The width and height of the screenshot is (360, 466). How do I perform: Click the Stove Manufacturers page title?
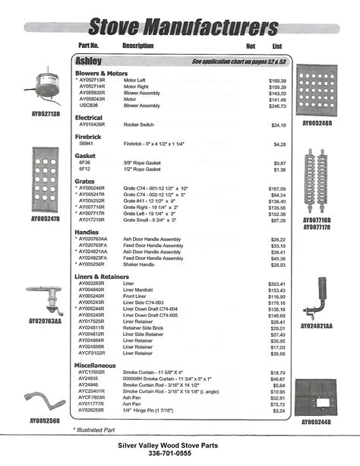pos(183,27)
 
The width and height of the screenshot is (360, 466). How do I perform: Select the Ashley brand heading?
pos(90,60)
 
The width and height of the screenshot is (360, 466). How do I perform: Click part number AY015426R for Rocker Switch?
pos(96,125)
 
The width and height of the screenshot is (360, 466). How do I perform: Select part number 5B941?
pos(87,144)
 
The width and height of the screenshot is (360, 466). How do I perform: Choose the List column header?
pos(277,46)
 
